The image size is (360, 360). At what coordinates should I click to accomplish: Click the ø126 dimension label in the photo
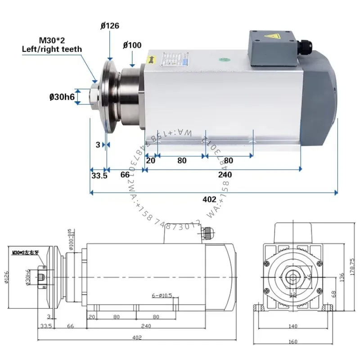pos(109,26)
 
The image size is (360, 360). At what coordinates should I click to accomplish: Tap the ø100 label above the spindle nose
pos(132,45)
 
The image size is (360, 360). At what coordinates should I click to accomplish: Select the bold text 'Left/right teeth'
pos(52,49)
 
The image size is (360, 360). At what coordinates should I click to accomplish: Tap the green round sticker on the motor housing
pos(223,58)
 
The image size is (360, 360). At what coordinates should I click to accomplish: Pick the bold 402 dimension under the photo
pos(210,199)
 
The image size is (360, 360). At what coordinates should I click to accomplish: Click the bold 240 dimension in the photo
pos(225,175)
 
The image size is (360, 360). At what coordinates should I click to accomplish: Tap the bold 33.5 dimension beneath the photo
pos(99,175)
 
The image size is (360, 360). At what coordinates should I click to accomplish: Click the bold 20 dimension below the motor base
pos(151,161)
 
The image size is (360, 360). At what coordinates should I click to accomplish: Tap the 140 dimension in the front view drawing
pos(292,325)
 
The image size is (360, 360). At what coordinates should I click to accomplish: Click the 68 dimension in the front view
pos(334,293)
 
